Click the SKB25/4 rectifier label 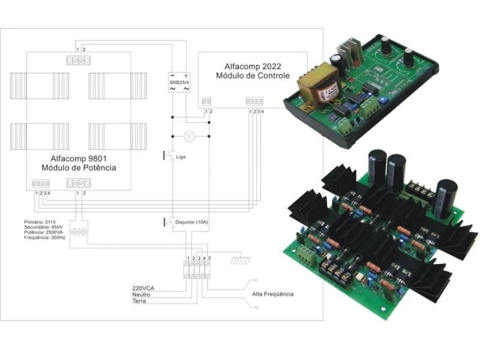[178, 81]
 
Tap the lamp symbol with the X [189, 136]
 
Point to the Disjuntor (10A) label [190, 222]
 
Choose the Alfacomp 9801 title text [79, 158]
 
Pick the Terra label [139, 301]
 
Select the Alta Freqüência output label [273, 295]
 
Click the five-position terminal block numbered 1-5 [197, 268]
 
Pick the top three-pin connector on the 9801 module [79, 60]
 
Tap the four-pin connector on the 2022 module [254, 101]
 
